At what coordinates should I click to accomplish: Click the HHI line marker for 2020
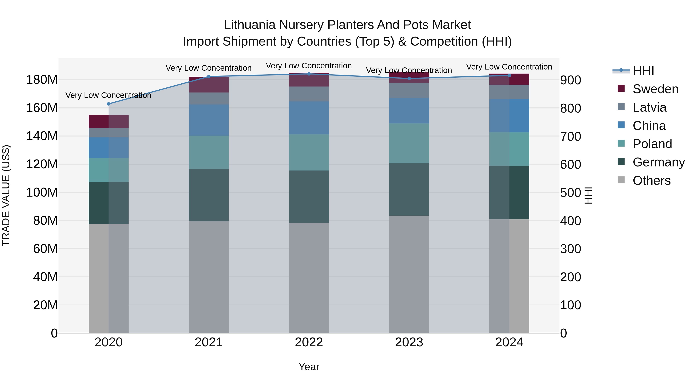108,104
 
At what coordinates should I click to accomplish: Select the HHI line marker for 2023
409,79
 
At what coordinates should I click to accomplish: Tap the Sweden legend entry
655,89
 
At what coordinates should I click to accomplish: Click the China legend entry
649,126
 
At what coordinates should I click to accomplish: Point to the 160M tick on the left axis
42,108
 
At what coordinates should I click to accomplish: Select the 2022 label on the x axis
309,342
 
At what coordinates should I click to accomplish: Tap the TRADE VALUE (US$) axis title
6,195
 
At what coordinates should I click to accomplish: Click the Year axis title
309,367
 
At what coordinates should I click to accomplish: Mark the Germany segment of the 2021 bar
208,195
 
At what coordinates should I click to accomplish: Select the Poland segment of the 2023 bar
409,143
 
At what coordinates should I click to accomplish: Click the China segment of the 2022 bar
309,118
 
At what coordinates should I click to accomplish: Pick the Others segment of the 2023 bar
409,274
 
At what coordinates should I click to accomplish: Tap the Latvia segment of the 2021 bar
208,98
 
